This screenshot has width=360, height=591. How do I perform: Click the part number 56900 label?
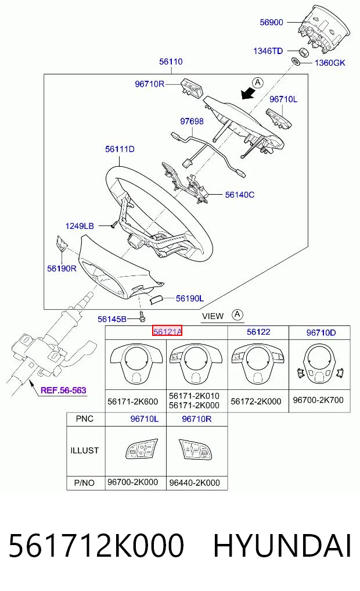[x=271, y=22]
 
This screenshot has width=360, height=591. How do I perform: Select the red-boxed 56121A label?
[x=167, y=331]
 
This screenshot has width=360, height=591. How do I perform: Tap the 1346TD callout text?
[x=268, y=51]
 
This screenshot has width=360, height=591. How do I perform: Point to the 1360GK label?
[x=330, y=63]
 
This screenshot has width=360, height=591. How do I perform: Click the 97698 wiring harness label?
[x=192, y=121]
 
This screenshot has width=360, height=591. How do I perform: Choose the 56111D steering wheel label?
[x=120, y=149]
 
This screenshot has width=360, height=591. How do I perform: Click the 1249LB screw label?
[x=80, y=226]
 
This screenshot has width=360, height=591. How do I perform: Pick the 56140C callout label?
[x=239, y=195]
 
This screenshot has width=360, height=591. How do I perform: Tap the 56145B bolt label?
[x=112, y=319]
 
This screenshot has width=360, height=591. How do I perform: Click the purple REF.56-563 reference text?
[x=63, y=391]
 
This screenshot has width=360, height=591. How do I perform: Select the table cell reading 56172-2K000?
[x=255, y=402]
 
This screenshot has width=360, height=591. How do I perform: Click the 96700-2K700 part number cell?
[x=318, y=400]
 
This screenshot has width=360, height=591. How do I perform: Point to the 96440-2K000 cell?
[x=195, y=483]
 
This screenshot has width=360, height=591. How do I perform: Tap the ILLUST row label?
[x=84, y=451]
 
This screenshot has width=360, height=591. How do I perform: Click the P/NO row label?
[x=85, y=483]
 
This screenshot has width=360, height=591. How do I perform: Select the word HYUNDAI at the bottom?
[x=282, y=546]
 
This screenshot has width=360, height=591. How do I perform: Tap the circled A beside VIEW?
[x=237, y=315]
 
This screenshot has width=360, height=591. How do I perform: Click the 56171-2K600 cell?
[x=132, y=402]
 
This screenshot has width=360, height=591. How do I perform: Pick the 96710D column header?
[x=321, y=333]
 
